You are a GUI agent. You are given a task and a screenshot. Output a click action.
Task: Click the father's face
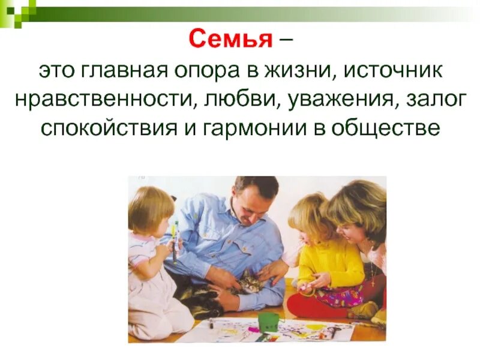pyautogui.click(x=253, y=205)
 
